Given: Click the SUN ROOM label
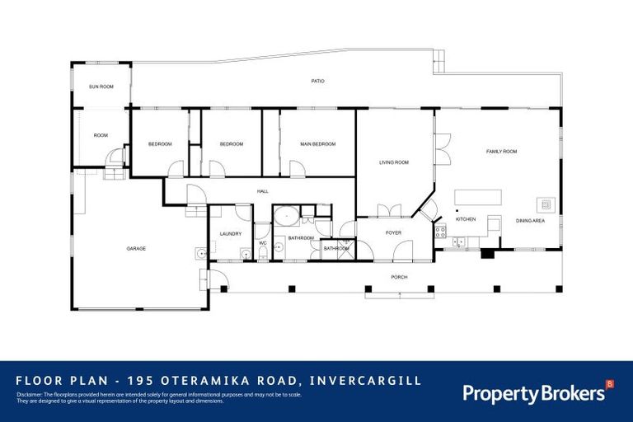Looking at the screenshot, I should click(101, 87).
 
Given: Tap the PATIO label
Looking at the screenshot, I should click(317, 82).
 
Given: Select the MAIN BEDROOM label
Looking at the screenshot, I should click(317, 144).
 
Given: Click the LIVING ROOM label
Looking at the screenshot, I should click(394, 162).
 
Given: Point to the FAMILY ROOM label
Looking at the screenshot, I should click(501, 152).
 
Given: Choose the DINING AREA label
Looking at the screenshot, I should click(530, 220).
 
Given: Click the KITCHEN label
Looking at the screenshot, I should click(466, 219).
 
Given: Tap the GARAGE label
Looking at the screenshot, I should click(136, 248).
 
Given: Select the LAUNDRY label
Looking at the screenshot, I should click(231, 233).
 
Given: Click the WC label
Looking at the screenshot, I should click(262, 243).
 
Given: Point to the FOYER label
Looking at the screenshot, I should click(394, 233).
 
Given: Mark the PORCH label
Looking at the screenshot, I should click(400, 277).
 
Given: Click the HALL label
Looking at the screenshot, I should click(263, 191).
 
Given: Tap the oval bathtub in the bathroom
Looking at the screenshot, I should click(286, 218).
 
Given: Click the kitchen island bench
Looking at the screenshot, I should click(478, 198).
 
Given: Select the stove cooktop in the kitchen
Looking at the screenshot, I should click(441, 231).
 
